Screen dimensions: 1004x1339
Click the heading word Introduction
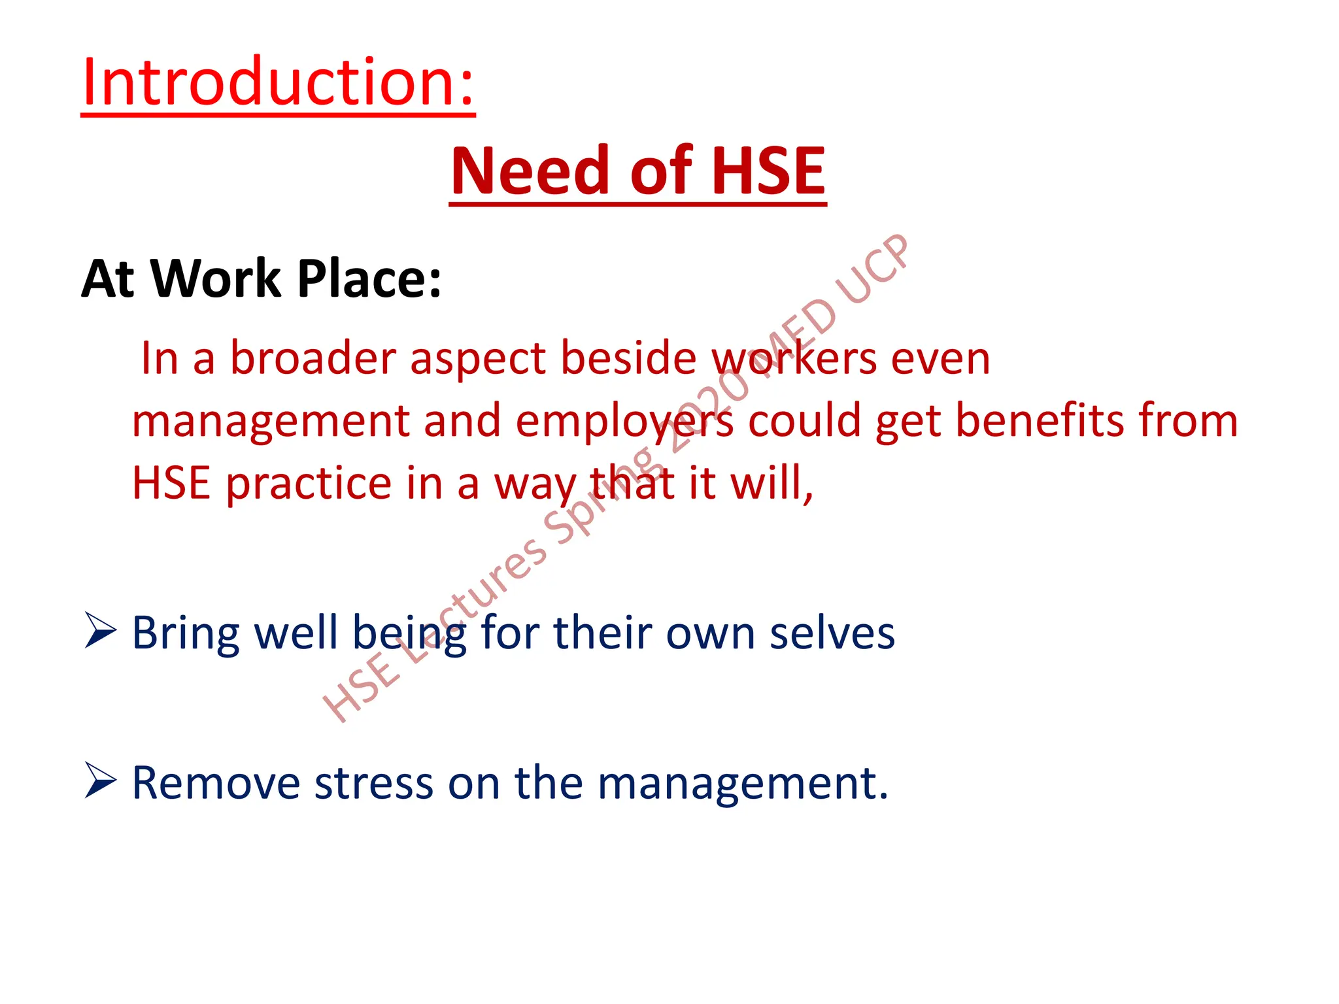point(278,83)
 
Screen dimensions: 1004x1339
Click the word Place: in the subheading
point(369,279)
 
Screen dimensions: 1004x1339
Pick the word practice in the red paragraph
point(309,484)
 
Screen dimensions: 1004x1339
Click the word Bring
point(186,634)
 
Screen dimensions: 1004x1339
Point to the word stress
point(373,782)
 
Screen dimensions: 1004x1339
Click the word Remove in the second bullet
point(216,782)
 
